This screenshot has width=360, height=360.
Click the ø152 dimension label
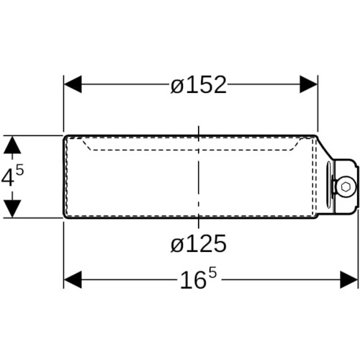(199, 85)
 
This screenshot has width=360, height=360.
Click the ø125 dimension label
(199, 243)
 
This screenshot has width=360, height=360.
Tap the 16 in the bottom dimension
(194, 280)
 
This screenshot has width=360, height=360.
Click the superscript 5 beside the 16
(212, 273)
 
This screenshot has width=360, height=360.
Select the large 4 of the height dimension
(7, 177)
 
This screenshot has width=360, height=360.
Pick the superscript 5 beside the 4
(19, 171)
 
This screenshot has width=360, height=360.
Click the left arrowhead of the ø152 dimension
(73, 84)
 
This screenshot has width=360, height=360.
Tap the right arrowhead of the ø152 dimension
(309, 84)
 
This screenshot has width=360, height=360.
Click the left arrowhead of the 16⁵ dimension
(73, 280)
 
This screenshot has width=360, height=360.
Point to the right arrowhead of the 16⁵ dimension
(349, 280)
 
